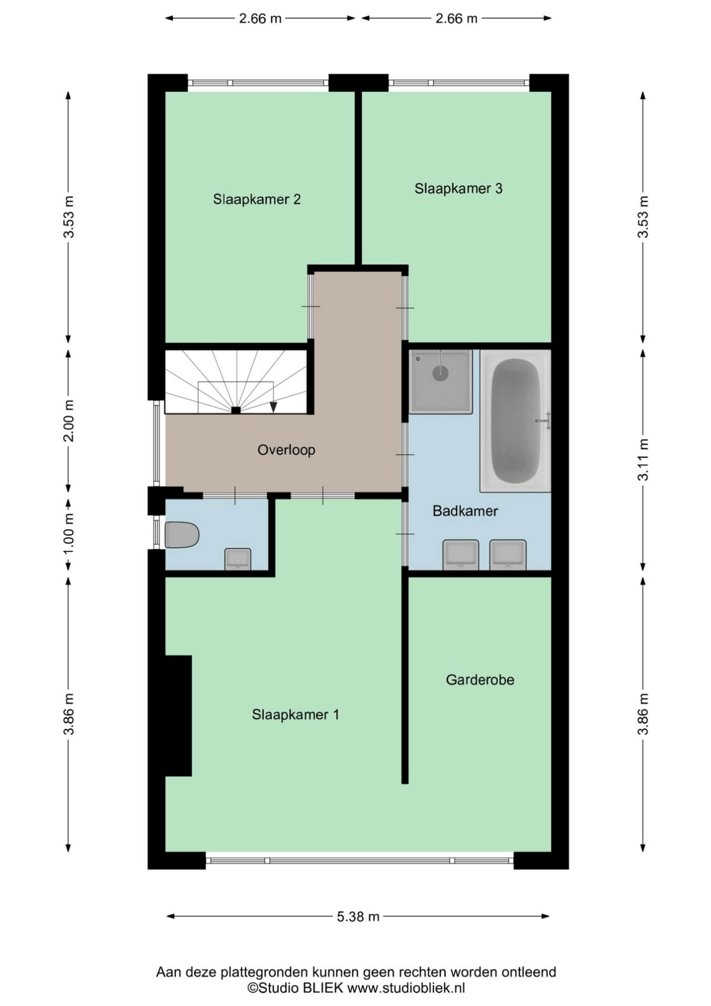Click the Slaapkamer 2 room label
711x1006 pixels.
coord(256,199)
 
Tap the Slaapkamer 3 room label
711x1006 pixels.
coord(458,188)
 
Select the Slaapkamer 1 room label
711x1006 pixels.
coord(295,715)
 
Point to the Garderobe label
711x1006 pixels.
coord(480,680)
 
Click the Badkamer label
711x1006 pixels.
coord(465,511)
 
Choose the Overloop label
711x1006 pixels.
coord(286,450)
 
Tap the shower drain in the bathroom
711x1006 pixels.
coord(440,373)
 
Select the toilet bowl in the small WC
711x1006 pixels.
coord(182,535)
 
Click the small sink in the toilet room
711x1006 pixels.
coord(238,559)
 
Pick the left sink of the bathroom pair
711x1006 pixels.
coord(461,554)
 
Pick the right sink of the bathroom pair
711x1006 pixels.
coord(508,554)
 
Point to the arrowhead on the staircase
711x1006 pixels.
coord(273,406)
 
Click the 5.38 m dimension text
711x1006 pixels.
coord(358,916)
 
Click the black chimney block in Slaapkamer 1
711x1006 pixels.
coord(178,716)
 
